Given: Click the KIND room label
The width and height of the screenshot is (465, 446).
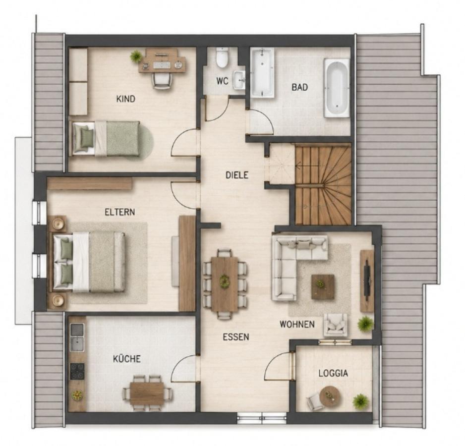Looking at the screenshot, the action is (126, 99).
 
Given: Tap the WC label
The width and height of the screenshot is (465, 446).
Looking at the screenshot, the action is (223, 81).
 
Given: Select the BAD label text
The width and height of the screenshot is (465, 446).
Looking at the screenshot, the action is (299, 87).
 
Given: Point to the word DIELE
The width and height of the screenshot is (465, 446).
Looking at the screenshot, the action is (237, 175).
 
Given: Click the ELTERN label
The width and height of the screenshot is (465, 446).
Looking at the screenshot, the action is (120, 212).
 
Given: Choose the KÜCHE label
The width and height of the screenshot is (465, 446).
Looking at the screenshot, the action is (127, 359).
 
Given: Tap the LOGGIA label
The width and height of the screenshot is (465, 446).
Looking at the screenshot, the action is (333, 373).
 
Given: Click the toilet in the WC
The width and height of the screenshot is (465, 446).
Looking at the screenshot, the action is (222, 57).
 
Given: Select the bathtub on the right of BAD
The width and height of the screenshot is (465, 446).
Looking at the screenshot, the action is (337, 88).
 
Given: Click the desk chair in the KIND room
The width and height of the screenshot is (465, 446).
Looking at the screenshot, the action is (162, 81).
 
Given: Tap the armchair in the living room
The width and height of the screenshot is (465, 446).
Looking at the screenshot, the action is (336, 325).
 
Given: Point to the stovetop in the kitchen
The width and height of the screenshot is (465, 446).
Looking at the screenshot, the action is (77, 372).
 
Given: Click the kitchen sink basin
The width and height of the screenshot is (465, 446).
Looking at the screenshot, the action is (77, 344).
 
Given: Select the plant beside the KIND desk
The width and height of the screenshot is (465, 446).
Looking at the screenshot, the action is (136, 56).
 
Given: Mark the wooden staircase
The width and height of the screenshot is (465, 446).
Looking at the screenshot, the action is (323, 184).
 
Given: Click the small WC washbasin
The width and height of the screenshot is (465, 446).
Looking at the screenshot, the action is (239, 80).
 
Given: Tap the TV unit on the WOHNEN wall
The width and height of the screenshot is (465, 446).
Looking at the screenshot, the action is (367, 281).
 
